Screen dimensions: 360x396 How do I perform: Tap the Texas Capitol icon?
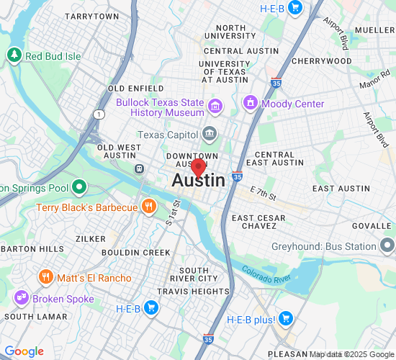tap(210, 134)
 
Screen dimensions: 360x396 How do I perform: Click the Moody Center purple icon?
tap(251, 104)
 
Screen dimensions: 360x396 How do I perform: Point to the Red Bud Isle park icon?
tap(14, 55)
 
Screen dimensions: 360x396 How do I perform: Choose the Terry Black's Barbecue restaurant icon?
tap(148, 207)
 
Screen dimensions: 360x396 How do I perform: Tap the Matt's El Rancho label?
tap(94, 278)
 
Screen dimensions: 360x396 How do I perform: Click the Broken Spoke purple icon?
tap(21, 298)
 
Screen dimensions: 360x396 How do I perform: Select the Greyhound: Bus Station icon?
tap(387, 246)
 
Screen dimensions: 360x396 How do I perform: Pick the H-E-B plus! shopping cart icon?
tap(286, 318)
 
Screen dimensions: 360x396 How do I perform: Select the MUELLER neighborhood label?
tap(374, 30)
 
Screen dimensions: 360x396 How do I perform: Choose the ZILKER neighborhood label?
tap(91, 238)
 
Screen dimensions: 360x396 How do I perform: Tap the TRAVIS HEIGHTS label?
tap(193, 292)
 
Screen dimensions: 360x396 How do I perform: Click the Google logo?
tap(24, 351)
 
